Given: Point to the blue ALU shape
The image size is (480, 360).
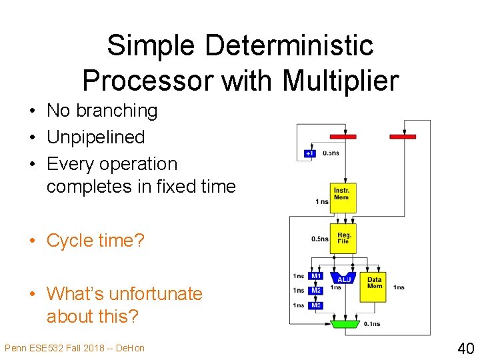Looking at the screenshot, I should [x=343, y=279].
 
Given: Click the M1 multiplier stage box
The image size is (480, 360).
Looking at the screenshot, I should [x=316, y=276].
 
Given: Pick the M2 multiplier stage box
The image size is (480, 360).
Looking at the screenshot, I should [x=316, y=291].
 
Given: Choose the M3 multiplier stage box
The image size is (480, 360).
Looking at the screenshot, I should [x=316, y=305].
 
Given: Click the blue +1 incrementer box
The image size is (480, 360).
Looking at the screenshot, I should [x=309, y=153].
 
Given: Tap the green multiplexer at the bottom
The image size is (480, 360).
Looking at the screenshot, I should [x=344, y=323].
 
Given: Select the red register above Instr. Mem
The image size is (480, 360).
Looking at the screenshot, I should [x=343, y=137].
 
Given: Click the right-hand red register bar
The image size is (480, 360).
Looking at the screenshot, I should [x=403, y=137].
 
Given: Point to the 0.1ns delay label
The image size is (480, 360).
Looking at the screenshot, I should [x=372, y=324].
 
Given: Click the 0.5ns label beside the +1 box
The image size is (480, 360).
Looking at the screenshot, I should [x=331, y=153].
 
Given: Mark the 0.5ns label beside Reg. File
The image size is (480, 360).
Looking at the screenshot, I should [x=320, y=239].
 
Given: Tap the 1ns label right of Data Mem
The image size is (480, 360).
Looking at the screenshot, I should [x=399, y=287].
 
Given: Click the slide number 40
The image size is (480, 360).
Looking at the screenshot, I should [x=465, y=347].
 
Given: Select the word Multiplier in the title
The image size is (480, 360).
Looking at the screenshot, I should [x=340, y=81].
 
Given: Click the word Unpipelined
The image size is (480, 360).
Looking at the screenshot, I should [x=95, y=137].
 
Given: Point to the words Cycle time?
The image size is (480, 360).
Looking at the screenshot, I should [x=95, y=240].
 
